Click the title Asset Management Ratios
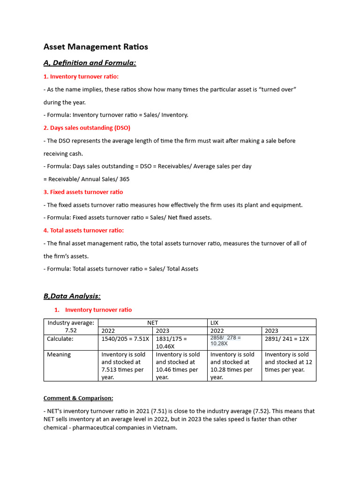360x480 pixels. (x=96, y=46)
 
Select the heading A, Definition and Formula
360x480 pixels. (x=90, y=63)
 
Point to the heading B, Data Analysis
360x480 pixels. (x=72, y=296)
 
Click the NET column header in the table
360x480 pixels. (x=152, y=322)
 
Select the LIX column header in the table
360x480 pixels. (x=215, y=322)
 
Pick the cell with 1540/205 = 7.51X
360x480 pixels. (x=125, y=339)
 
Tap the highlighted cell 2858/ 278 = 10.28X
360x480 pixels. (x=226, y=340)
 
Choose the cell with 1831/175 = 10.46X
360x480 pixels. (x=179, y=342)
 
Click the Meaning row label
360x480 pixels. (x=59, y=354)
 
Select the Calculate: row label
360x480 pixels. (x=60, y=339)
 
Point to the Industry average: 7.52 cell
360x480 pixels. (x=70, y=326)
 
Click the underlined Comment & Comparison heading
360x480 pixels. (x=78, y=398)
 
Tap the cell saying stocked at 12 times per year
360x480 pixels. (x=288, y=362)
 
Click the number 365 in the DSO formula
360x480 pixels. (x=124, y=179)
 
